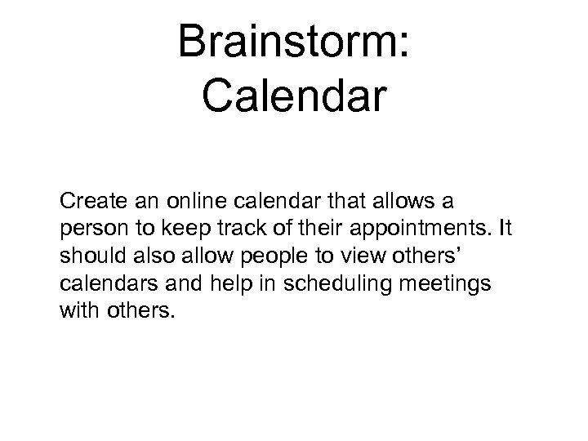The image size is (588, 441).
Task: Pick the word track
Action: [x=238, y=224]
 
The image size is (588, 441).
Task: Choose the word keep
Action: [x=182, y=224]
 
